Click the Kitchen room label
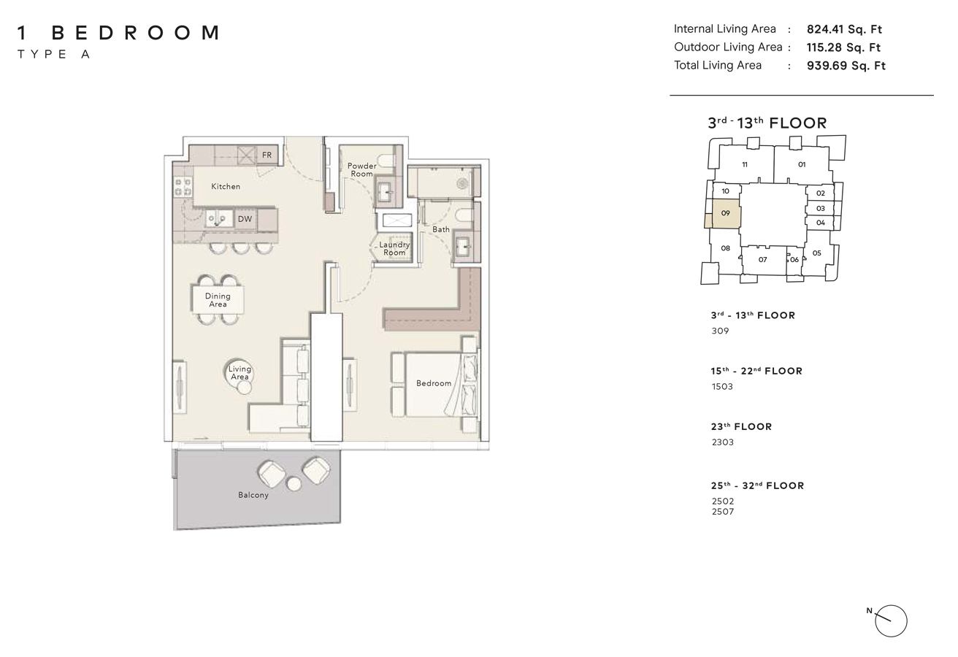click(x=226, y=186)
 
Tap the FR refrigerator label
click(x=267, y=155)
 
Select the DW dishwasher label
click(x=245, y=219)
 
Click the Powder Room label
click(x=361, y=170)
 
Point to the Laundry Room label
click(x=394, y=249)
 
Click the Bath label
click(x=441, y=229)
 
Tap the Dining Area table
click(x=218, y=299)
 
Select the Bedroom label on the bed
click(x=434, y=383)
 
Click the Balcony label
click(x=253, y=495)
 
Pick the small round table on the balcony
click(x=294, y=483)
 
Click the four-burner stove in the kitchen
click(x=183, y=187)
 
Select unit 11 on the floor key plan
click(x=745, y=165)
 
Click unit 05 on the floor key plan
click(x=816, y=253)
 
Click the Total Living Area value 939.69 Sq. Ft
click(x=846, y=66)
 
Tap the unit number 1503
click(x=722, y=387)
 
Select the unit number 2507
click(x=722, y=512)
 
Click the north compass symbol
click(x=890, y=621)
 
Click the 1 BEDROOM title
click(x=118, y=33)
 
